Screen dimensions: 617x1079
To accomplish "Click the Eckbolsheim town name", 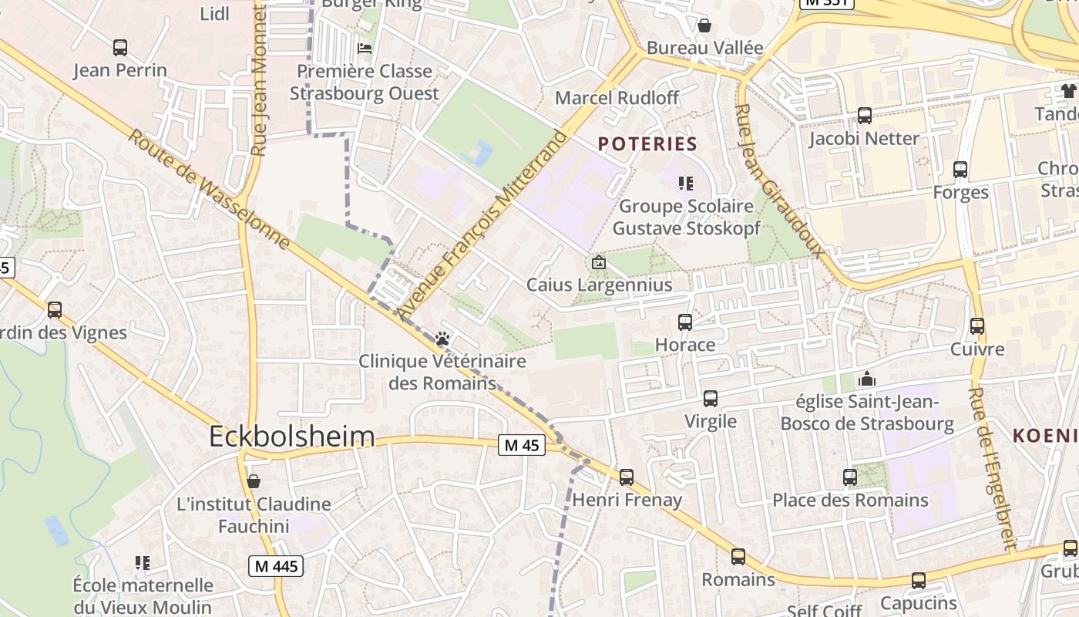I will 292,437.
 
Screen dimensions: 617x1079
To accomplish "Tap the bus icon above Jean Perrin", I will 120,48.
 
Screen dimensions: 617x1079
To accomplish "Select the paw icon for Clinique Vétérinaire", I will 442,339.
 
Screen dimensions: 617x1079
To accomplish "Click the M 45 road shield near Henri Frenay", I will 522,445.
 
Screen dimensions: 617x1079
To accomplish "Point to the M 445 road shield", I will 276,567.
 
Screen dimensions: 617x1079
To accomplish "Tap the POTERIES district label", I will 647,144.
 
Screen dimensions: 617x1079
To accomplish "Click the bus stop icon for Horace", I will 685,322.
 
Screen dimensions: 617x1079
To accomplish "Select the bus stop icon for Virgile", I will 711,399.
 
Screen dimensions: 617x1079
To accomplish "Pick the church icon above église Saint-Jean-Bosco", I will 867,379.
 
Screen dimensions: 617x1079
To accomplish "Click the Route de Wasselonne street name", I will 208,190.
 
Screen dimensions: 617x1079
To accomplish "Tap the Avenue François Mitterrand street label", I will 482,224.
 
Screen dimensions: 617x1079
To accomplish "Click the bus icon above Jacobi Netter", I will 865,116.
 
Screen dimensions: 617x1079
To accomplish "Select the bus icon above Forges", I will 960,170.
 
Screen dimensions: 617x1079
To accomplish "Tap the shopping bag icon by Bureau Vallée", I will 704,25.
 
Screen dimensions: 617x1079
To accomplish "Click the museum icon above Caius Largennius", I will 598,262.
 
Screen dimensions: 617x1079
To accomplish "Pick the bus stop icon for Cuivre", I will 977,326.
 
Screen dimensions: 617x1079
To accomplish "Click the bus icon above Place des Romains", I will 850,477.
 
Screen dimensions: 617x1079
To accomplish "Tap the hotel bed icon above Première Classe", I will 365,48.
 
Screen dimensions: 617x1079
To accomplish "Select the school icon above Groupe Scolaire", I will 685,184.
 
